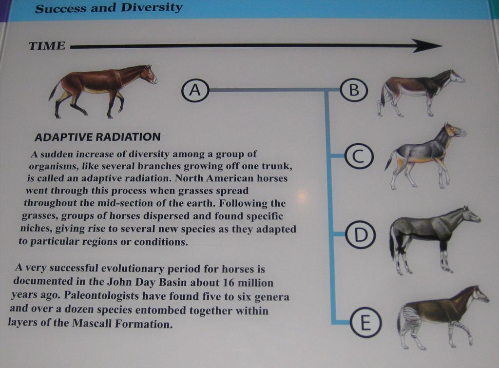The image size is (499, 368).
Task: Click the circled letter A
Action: tap(195, 90)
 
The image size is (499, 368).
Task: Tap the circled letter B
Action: tap(354, 90)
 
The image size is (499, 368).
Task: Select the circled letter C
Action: tap(359, 156)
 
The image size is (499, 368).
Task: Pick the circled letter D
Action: tap(361, 235)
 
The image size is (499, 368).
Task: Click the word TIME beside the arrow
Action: tap(47, 46)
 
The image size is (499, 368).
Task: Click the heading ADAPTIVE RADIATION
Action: tap(97, 137)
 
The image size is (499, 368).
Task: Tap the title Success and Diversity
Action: tap(109, 8)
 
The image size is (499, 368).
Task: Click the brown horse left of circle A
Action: tap(102, 91)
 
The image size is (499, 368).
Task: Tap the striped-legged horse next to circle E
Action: tap(443, 317)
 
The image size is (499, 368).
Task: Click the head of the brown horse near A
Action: tap(148, 74)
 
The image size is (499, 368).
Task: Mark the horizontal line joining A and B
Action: tap(274, 90)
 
